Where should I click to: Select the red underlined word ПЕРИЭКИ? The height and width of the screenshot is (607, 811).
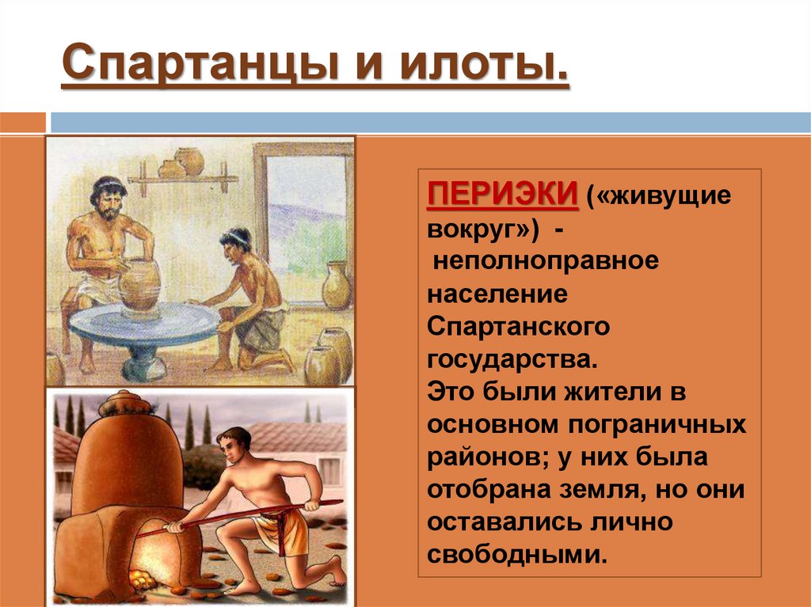[x=501, y=195]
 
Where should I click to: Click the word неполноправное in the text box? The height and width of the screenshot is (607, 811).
[x=546, y=261]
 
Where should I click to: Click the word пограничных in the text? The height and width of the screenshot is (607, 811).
[x=654, y=424]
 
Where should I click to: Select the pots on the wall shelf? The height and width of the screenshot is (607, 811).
[x=182, y=163]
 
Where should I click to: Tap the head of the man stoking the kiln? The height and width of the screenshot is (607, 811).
[x=235, y=442]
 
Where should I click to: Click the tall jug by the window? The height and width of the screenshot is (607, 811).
[x=336, y=285]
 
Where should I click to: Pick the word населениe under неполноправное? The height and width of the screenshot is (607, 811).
[x=498, y=294]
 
